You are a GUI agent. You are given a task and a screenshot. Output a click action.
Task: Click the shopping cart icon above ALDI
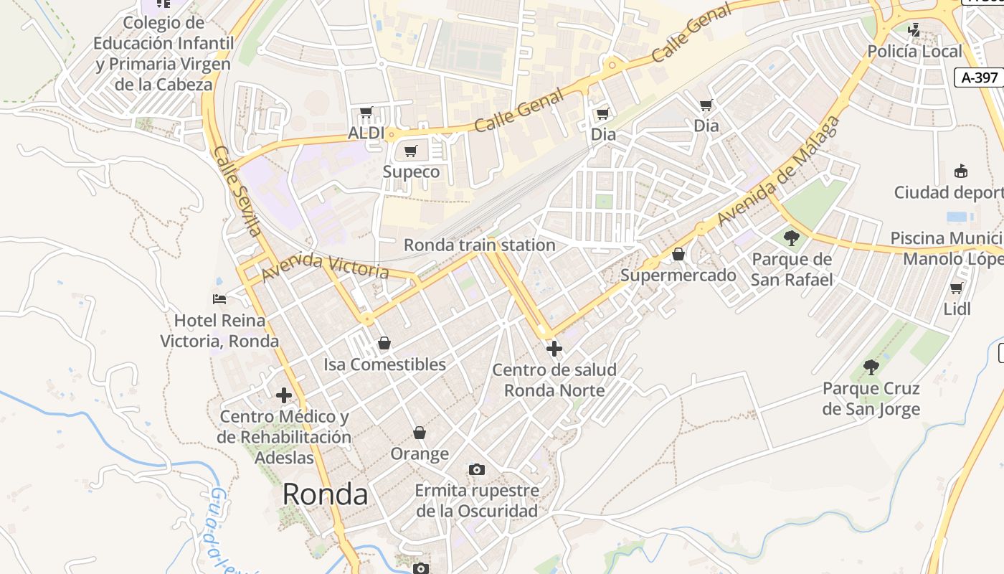[x=366, y=113]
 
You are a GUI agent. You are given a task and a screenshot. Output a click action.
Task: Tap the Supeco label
[x=411, y=171]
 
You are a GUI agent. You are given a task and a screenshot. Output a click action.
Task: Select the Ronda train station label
[x=480, y=245]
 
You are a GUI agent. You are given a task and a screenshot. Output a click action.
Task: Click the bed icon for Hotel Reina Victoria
[x=219, y=298]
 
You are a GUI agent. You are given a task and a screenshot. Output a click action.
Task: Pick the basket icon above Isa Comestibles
[x=384, y=343]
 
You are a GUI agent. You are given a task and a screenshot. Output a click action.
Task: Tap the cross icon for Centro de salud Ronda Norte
[x=554, y=349]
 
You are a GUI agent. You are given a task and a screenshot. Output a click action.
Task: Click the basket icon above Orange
[x=420, y=433]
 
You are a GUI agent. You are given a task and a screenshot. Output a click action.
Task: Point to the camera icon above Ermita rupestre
[x=476, y=469]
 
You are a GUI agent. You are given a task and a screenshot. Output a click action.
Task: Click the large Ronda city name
[x=325, y=494]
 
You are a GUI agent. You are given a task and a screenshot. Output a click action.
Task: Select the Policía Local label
[x=914, y=51]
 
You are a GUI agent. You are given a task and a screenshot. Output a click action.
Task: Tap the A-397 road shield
[x=978, y=77]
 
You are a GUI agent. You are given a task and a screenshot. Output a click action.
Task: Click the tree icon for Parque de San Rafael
[x=792, y=237]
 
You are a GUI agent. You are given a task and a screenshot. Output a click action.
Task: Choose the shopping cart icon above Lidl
[x=956, y=288]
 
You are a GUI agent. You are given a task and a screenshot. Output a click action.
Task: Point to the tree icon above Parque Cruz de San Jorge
[x=871, y=367]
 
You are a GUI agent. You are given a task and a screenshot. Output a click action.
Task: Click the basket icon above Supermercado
[x=678, y=254]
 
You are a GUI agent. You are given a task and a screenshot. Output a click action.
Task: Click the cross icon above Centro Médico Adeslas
[x=284, y=395]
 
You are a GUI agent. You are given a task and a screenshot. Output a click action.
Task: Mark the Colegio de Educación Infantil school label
[x=164, y=53]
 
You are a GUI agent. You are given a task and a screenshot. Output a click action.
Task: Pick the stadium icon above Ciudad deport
[x=961, y=171]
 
